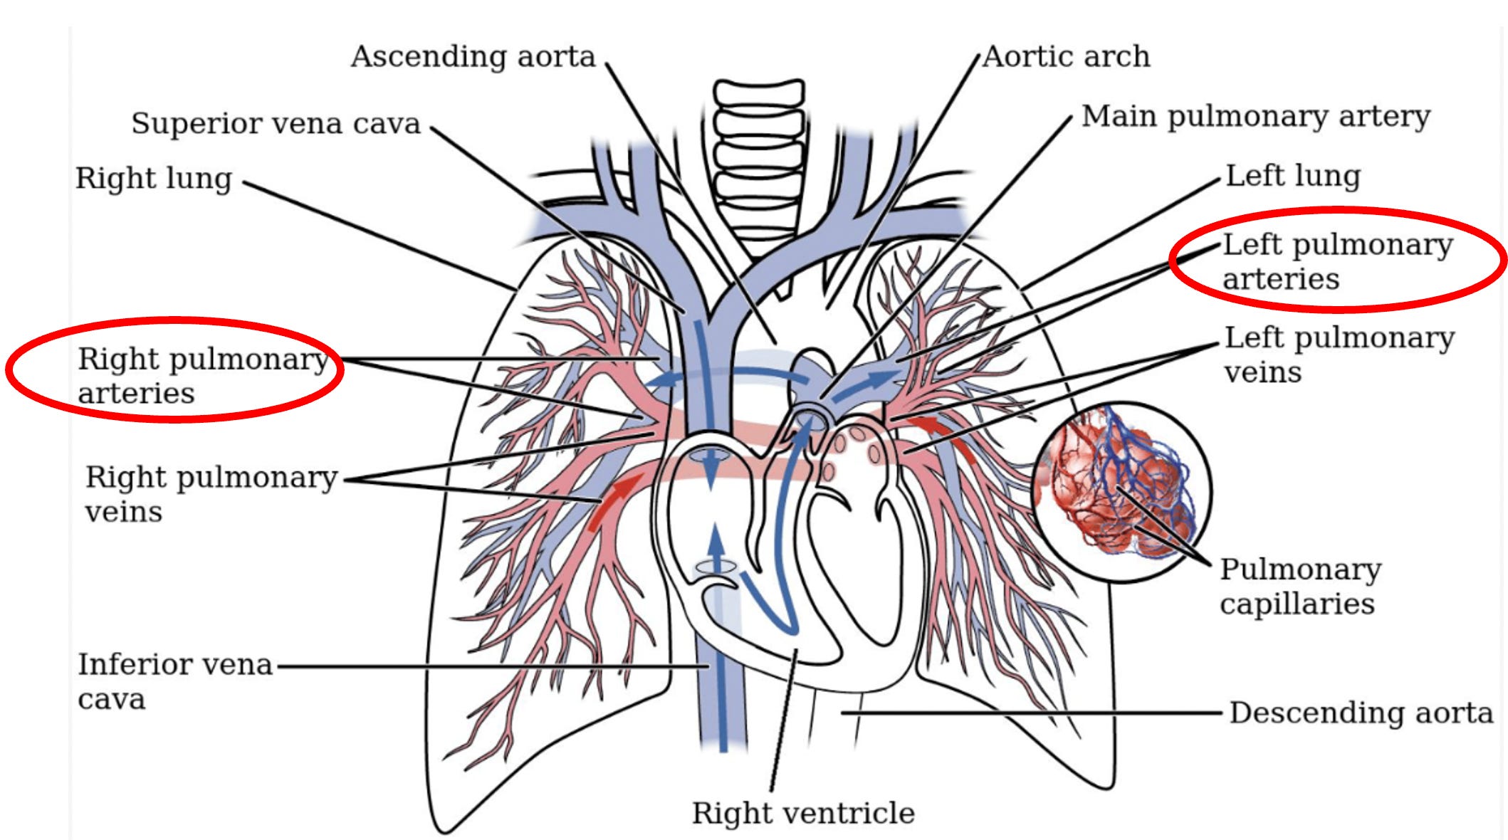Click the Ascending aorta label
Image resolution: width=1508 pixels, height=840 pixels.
(473, 57)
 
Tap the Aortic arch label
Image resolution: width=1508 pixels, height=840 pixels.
(1066, 57)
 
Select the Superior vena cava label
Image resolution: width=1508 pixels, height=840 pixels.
(276, 124)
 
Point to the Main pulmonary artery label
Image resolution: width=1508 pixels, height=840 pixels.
(1255, 117)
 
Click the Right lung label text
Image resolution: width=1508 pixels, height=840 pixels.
(154, 179)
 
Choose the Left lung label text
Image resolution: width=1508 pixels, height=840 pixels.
(1292, 176)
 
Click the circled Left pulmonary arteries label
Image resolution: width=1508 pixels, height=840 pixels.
(1336, 261)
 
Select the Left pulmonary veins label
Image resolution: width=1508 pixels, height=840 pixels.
(1338, 355)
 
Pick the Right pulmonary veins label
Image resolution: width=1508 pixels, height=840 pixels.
(210, 493)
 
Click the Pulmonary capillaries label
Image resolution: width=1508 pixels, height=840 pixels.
(1299, 586)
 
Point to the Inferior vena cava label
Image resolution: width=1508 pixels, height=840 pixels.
(174, 681)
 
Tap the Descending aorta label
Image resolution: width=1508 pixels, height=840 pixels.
(1361, 713)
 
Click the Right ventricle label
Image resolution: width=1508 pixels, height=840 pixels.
(803, 813)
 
